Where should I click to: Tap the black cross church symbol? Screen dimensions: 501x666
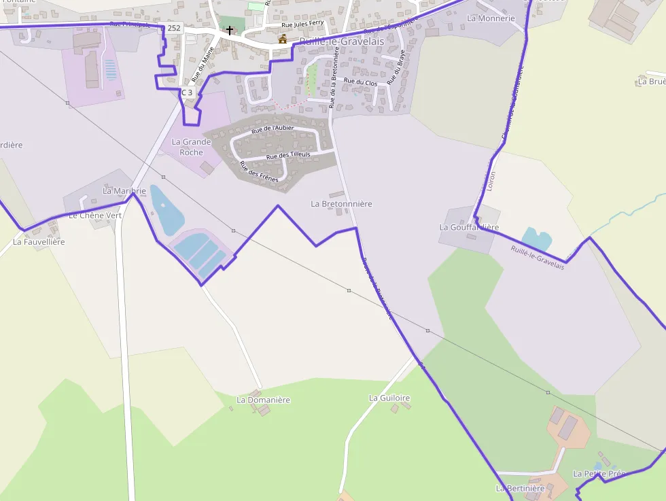click(230, 31)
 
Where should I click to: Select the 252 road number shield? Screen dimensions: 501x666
click(174, 28)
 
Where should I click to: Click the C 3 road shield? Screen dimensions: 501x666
click(187, 92)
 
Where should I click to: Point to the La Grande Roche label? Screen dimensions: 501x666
click(191, 147)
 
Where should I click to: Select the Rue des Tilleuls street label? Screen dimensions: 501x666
click(288, 155)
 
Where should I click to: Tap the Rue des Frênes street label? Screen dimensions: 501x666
click(259, 172)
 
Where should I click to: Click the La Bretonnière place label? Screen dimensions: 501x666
click(341, 204)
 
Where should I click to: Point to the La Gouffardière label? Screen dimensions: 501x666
click(469, 227)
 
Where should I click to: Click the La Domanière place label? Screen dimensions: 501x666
click(263, 400)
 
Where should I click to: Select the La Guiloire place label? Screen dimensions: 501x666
click(389, 398)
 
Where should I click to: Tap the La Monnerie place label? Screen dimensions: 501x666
click(491, 18)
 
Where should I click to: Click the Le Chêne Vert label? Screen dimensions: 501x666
click(95, 215)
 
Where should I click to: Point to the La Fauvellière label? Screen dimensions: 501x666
click(39, 241)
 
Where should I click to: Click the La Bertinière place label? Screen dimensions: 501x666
click(520, 488)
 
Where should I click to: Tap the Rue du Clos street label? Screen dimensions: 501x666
click(360, 82)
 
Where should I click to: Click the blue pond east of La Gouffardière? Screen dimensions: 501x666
click(537, 239)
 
